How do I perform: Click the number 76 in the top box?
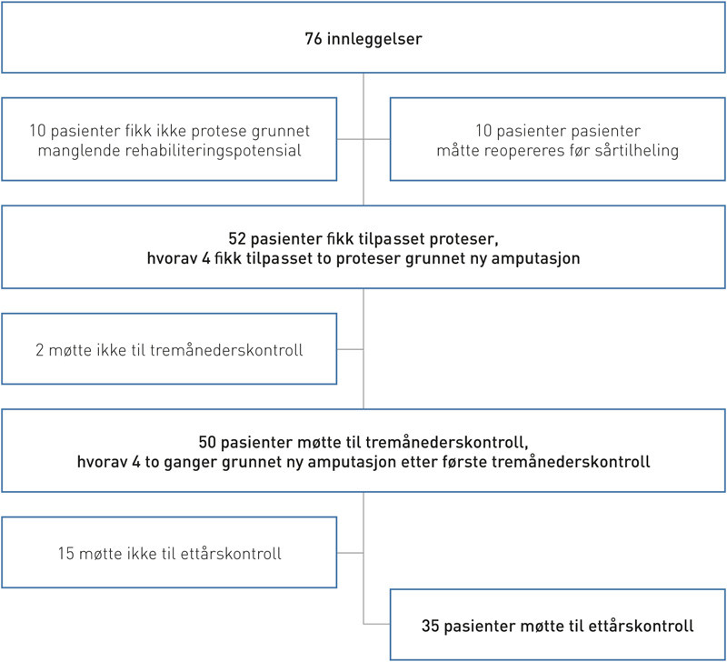point(314,40)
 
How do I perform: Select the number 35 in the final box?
point(432,626)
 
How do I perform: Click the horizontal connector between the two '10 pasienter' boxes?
point(363,139)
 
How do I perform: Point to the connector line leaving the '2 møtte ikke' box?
point(350,348)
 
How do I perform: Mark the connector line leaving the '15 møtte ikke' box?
point(350,552)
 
